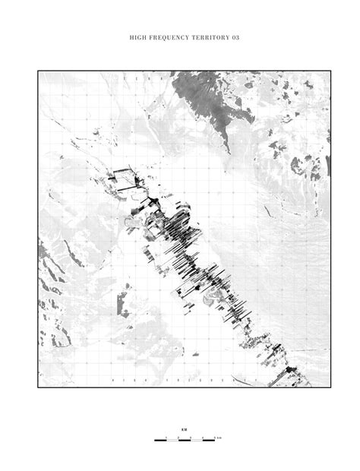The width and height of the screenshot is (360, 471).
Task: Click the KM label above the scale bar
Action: coord(183,429)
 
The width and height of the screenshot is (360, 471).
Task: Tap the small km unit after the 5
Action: coord(219,438)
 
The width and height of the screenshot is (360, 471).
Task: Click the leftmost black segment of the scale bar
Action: coord(160,441)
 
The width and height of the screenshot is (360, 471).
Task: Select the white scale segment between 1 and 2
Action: coord(172,441)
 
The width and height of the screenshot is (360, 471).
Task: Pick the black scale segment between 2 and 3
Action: coord(185,441)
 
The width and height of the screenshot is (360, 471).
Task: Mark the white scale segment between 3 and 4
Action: coord(197,441)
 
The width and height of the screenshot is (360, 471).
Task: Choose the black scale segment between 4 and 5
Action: coord(209,441)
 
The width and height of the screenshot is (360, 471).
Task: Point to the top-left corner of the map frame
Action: coord(39,71)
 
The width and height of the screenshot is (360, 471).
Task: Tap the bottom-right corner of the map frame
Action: coord(330,387)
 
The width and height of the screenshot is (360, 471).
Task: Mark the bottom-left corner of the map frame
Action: coord(39,387)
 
